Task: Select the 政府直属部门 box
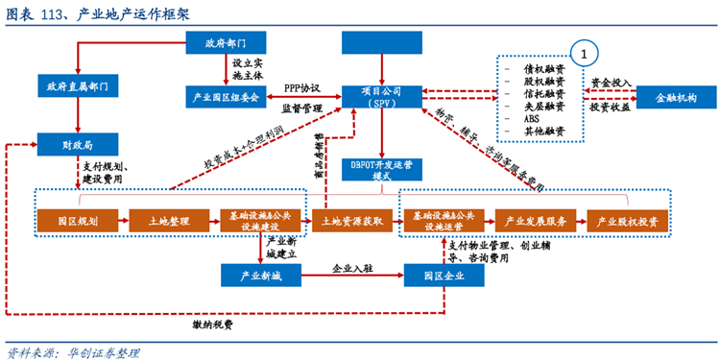click(x=76, y=86)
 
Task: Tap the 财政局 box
click(x=76, y=145)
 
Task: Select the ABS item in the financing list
click(x=533, y=119)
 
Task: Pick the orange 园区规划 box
click(x=76, y=222)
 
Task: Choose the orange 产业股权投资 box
click(x=627, y=222)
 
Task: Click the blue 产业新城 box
click(x=260, y=275)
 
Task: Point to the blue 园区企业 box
click(x=444, y=275)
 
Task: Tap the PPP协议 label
click(x=302, y=86)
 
